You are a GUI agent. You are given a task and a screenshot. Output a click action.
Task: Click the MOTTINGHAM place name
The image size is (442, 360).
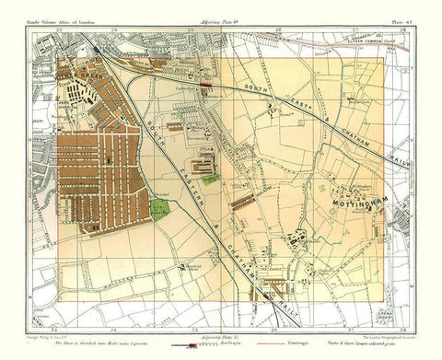tap(373, 201)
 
